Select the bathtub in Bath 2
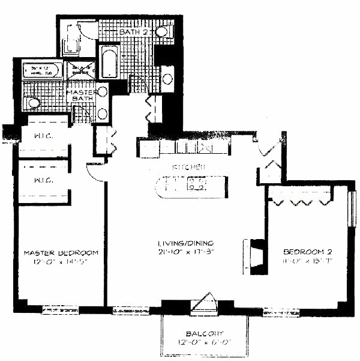(110, 61)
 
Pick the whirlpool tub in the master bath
(42, 71)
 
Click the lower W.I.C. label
(41, 180)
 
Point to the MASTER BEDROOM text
(61, 252)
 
